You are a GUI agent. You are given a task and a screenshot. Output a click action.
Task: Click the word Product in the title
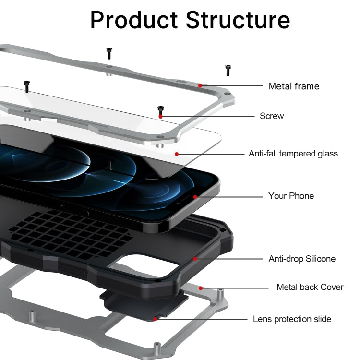pyautogui.click(x=134, y=20)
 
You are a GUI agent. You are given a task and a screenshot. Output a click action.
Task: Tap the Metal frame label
pyautogui.click(x=293, y=86)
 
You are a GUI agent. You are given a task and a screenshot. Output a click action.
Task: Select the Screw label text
pyautogui.click(x=272, y=116)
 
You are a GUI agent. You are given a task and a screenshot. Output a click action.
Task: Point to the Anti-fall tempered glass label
pyautogui.click(x=293, y=154)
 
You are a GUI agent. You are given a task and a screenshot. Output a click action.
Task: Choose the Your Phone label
pyautogui.click(x=291, y=196)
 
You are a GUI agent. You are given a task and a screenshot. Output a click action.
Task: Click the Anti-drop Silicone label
pyautogui.click(x=301, y=259)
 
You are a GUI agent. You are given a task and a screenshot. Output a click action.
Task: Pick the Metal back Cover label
pyautogui.click(x=310, y=287)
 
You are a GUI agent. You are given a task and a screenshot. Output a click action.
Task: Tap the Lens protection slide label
pyautogui.click(x=292, y=319)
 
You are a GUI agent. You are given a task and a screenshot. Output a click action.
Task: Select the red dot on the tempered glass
pyautogui.click(x=177, y=154)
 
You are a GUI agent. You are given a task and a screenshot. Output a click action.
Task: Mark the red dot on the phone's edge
pyautogui.click(x=195, y=196)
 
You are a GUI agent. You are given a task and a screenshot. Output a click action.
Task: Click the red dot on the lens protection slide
pyautogui.click(x=155, y=319)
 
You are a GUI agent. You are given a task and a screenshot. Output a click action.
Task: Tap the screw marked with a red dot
pyautogui.click(x=160, y=110)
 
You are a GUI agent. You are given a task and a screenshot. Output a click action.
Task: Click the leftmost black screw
pyautogui.click(x=27, y=86)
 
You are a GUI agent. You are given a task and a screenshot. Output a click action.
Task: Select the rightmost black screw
pyautogui.click(x=228, y=70)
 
